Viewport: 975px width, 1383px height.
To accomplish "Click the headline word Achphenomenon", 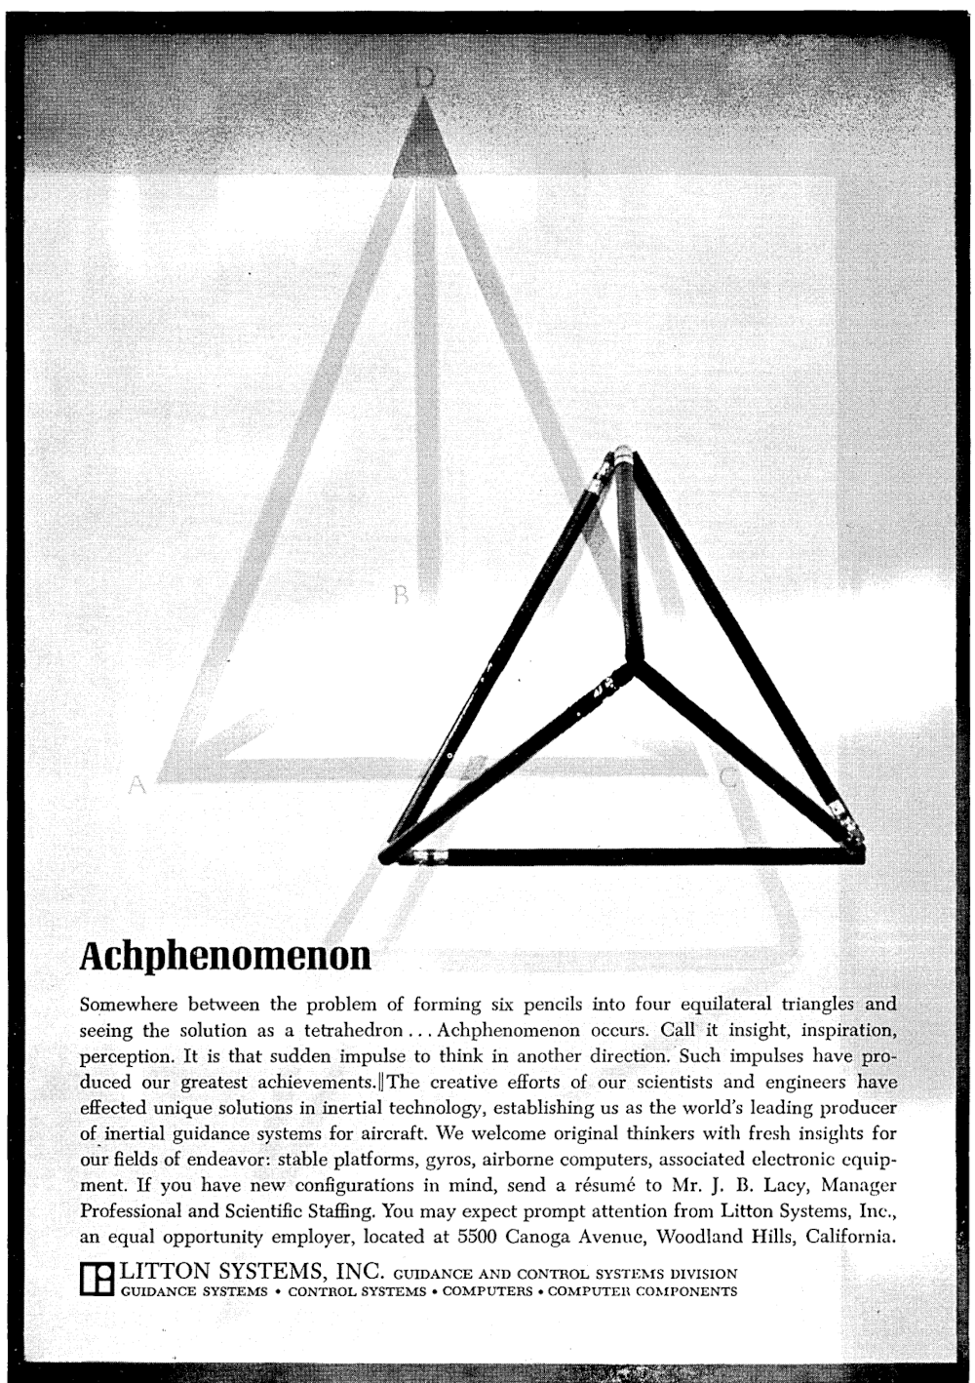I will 225,956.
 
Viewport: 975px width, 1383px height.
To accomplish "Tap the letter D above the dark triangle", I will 422,79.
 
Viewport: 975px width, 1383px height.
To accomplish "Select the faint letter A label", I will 137,783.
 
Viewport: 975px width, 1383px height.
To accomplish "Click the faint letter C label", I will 730,777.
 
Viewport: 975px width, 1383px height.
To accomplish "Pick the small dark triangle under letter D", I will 424,142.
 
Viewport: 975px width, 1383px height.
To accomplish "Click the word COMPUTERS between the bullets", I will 487,1292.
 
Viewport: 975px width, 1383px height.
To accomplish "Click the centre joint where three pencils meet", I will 635,664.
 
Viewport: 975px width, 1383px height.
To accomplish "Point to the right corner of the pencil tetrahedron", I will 856,847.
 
